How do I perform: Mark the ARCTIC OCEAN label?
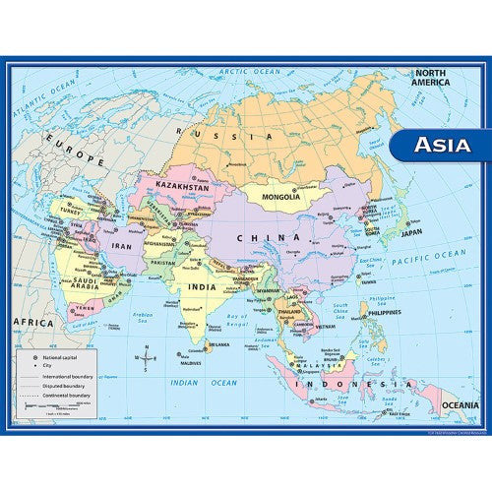pyautogui.click(x=250, y=71)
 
